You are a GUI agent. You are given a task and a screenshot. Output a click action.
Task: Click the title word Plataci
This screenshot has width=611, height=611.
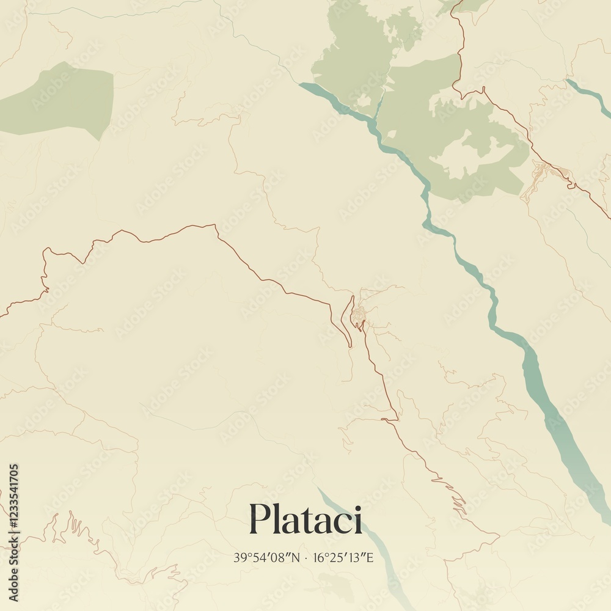click(305, 519)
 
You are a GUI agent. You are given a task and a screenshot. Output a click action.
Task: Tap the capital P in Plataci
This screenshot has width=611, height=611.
click(259, 519)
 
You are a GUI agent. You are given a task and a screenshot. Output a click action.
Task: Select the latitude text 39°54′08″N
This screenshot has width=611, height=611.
click(267, 557)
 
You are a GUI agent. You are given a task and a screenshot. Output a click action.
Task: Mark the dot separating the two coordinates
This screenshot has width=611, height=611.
click(307, 558)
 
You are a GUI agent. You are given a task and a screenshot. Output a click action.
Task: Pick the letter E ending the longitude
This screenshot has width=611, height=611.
click(369, 557)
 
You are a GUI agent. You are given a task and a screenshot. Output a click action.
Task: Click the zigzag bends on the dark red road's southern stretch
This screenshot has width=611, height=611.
click(455, 498)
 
